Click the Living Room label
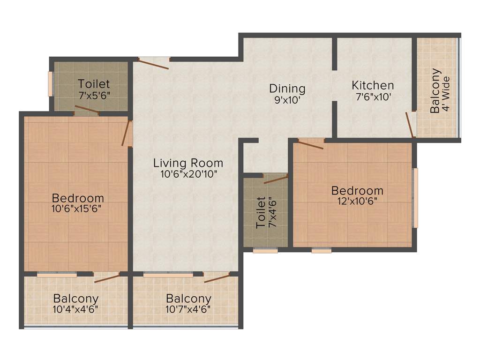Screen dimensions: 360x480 pos(188,163)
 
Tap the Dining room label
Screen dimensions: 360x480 pos(287,88)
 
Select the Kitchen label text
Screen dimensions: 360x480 pos(373,85)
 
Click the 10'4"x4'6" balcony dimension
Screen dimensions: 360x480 pos(75,309)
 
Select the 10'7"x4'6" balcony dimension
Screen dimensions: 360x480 pos(188,309)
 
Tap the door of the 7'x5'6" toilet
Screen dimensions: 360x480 pos(87,111)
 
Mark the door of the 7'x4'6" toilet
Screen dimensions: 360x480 pos(276,178)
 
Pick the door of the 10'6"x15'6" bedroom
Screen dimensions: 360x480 pos(126,133)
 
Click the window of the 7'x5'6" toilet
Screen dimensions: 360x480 pos(51,83)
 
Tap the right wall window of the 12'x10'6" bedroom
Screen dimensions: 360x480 pos(415,197)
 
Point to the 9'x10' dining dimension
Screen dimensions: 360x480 pos(287,99)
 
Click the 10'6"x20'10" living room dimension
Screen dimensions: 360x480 pos(188,174)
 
